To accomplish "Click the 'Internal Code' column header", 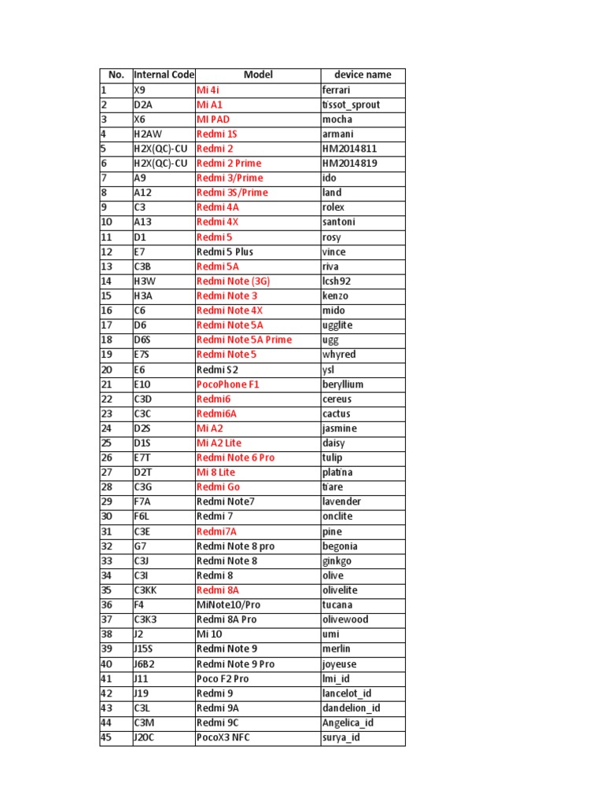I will (x=164, y=75).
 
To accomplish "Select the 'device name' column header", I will (x=363, y=75).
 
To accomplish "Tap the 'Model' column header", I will (x=258, y=75).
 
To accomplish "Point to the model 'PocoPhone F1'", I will (x=227, y=384).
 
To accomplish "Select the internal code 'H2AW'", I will (x=147, y=134).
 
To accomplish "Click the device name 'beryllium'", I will (x=342, y=384).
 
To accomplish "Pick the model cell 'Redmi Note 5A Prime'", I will (x=244, y=340).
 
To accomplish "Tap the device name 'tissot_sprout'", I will (x=352, y=105).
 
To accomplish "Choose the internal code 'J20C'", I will (x=145, y=737).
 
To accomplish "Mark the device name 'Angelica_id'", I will (x=348, y=722).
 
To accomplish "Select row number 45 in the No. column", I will (x=107, y=737).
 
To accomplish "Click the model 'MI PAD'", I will (x=213, y=119).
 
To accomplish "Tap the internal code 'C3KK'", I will (x=146, y=590).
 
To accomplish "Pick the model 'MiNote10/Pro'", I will (x=230, y=605).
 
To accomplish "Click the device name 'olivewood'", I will (x=345, y=619).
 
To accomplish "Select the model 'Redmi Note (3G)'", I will (x=233, y=281).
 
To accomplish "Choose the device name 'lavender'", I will (x=341, y=502).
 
